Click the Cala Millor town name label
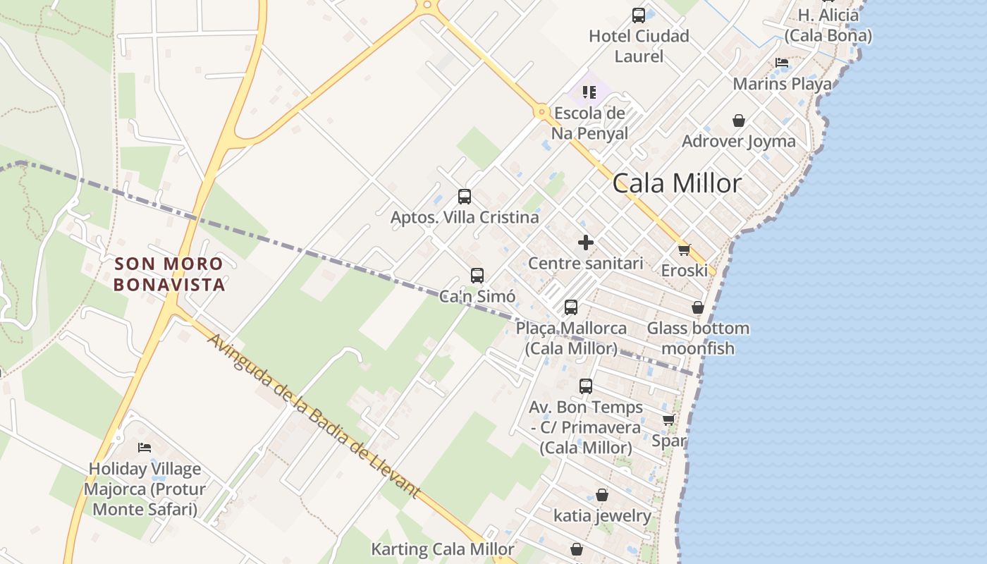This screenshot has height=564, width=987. [x=677, y=183]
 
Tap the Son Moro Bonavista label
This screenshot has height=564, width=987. [x=169, y=274]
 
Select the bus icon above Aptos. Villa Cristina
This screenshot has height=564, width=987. [x=465, y=197]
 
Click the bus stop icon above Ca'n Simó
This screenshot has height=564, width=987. [x=477, y=276]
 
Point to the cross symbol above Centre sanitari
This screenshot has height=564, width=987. [x=585, y=243]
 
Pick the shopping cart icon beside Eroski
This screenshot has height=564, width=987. [x=684, y=250]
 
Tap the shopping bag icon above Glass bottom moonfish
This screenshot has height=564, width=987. [x=697, y=307]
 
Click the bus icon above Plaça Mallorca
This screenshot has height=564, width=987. [x=571, y=307]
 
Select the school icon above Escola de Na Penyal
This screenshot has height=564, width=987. [x=589, y=92]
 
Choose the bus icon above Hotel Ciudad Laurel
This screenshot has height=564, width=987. [x=639, y=16]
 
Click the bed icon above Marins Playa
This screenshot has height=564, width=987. [x=782, y=63]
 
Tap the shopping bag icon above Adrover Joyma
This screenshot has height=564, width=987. [x=738, y=121]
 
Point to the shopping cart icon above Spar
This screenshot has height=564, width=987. [x=668, y=420]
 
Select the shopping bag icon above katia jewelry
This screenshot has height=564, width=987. [x=602, y=495]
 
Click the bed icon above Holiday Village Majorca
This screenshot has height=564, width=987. [x=145, y=448]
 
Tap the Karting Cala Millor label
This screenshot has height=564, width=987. [x=443, y=549]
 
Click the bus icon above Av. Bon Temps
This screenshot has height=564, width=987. [x=586, y=386]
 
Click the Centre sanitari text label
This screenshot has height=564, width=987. [x=586, y=264]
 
